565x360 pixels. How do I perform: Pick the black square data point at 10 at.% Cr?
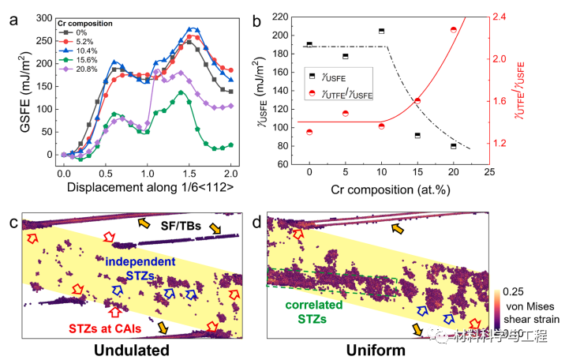(x=381, y=31)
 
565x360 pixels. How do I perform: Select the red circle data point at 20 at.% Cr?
(x=453, y=30)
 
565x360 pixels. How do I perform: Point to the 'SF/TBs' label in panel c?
(x=182, y=227)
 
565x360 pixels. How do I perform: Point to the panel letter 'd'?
(x=256, y=221)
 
